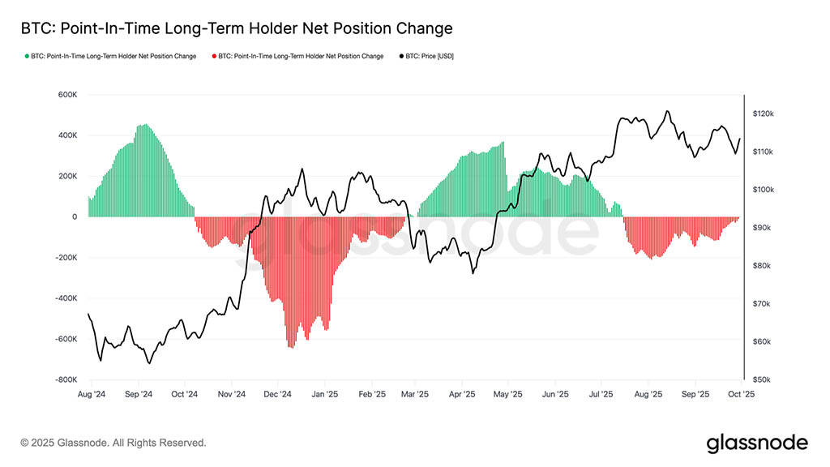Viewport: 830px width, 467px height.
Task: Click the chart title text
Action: pyautogui.click(x=236, y=28)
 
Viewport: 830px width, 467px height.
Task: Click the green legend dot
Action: pyautogui.click(x=27, y=57)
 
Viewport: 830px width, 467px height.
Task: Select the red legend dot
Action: pyautogui.click(x=214, y=57)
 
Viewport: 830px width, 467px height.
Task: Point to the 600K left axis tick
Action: pyautogui.click(x=66, y=95)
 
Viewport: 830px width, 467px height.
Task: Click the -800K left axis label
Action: pyautogui.click(x=65, y=379)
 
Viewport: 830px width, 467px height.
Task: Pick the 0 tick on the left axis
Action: pyautogui.click(x=74, y=216)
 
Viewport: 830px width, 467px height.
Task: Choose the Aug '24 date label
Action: pyautogui.click(x=92, y=394)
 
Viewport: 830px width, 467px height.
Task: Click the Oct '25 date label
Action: pyautogui.click(x=741, y=394)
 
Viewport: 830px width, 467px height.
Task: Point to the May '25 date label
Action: pyautogui.click(x=507, y=394)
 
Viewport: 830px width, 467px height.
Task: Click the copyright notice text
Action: pyautogui.click(x=113, y=443)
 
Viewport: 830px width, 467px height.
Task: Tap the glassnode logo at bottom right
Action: pyautogui.click(x=757, y=443)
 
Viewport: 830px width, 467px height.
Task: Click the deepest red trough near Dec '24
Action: pyautogui.click(x=291, y=346)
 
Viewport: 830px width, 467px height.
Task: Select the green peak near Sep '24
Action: pyautogui.click(x=143, y=126)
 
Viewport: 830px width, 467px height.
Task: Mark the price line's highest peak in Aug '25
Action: pyautogui.click(x=667, y=112)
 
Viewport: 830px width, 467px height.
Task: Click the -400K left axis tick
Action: pyautogui.click(x=65, y=298)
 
